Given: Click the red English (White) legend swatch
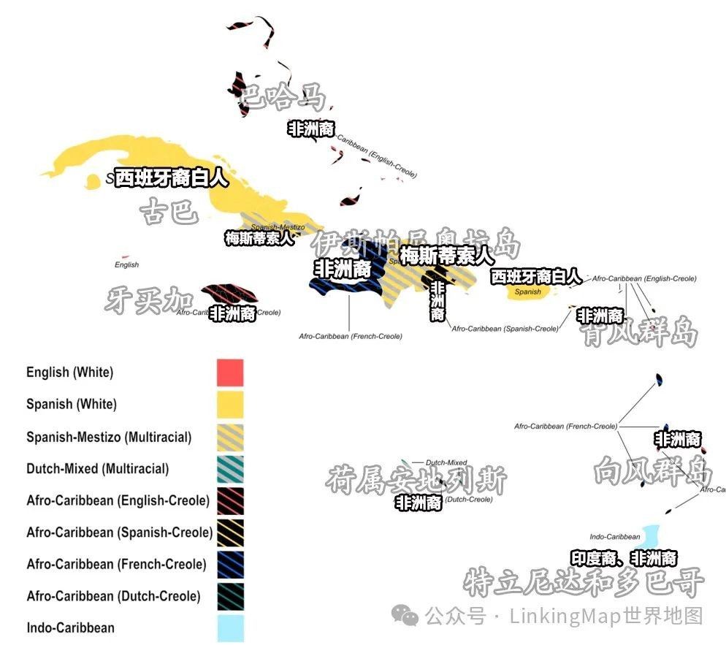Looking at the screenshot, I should [x=229, y=372].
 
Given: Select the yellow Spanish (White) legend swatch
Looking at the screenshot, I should [x=229, y=404].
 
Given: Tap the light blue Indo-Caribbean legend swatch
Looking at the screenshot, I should [x=229, y=627].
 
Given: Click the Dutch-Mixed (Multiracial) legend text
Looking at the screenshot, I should [x=97, y=469].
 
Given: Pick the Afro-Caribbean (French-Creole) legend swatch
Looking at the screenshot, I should [x=229, y=564].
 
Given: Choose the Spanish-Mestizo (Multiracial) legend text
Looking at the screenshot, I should [x=109, y=437].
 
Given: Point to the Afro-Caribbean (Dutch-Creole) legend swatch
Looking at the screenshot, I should [x=229, y=596].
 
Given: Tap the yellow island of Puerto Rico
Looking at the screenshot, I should [x=528, y=291].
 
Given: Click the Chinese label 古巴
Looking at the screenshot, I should [x=169, y=212].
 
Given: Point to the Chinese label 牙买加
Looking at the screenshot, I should [x=149, y=299].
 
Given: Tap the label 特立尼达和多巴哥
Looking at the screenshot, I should [x=584, y=582].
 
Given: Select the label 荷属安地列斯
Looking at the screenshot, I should [x=416, y=480].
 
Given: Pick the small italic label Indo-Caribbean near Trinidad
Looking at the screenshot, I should [x=615, y=537].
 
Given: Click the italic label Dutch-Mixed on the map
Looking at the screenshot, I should [x=446, y=462].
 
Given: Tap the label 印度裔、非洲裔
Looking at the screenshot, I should [x=623, y=559].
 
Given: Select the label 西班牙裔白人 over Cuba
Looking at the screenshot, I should [x=172, y=178].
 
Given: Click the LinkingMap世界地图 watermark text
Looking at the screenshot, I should [x=606, y=616].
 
